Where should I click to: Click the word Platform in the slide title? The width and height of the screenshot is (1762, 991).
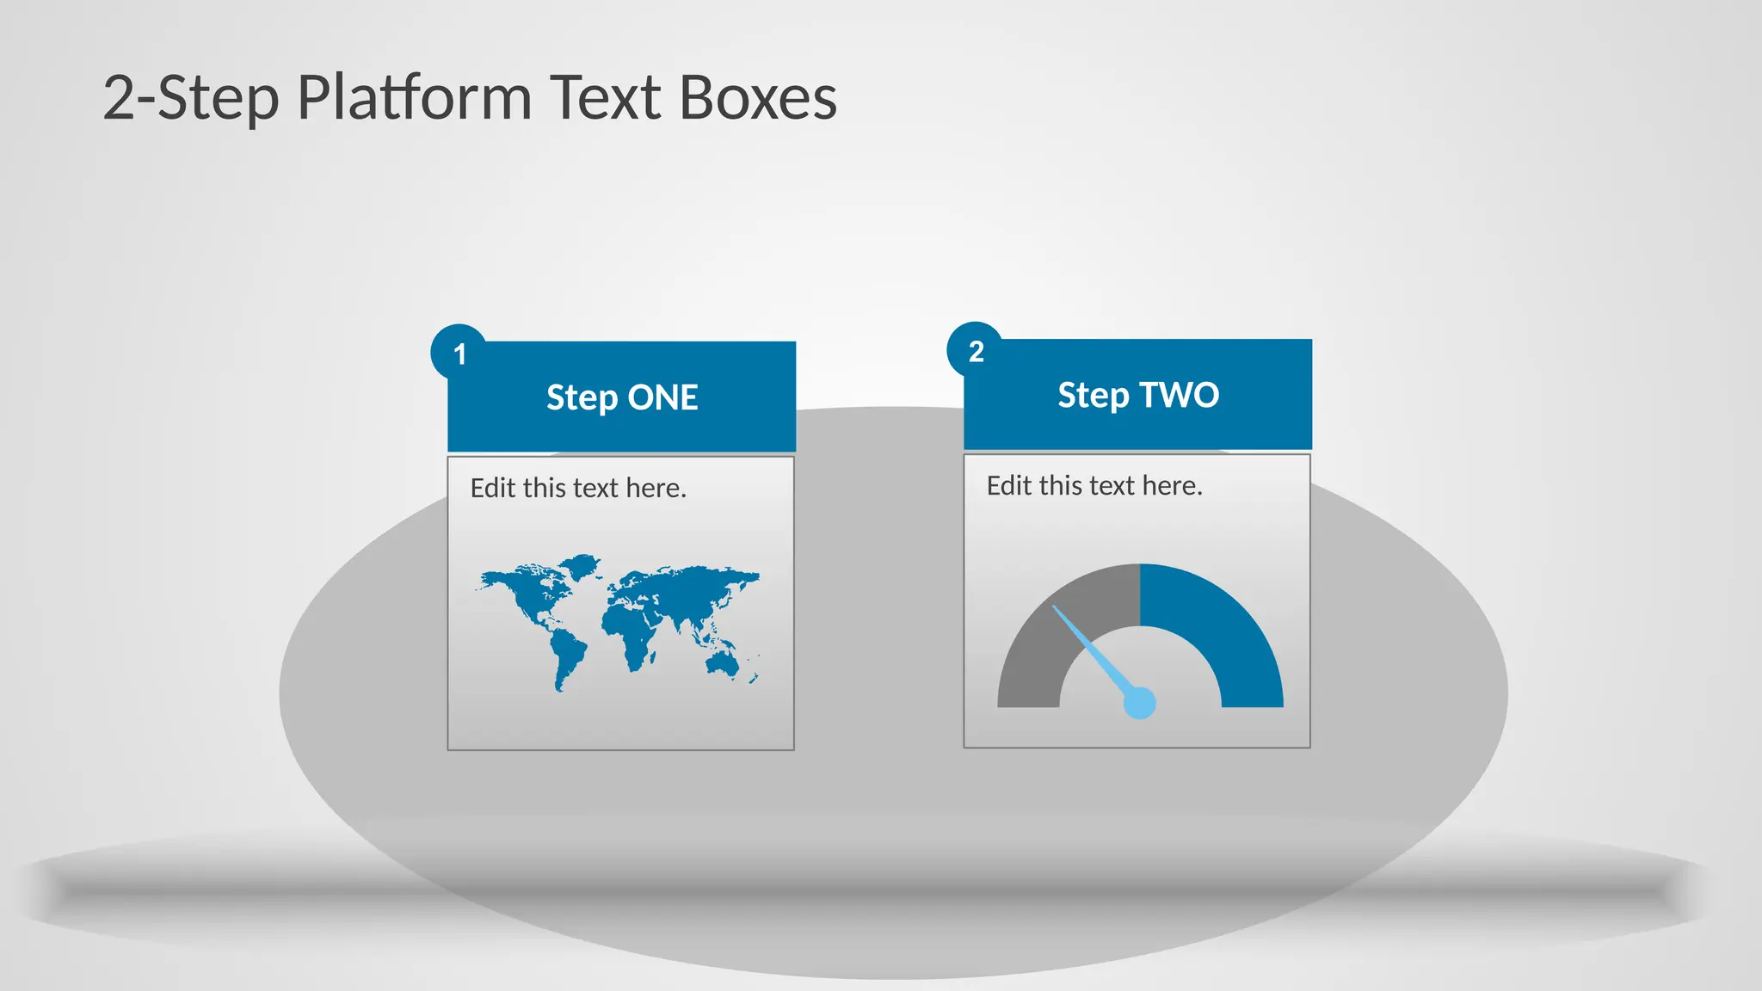point(414,97)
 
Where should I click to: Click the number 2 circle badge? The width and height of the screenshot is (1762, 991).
point(976,350)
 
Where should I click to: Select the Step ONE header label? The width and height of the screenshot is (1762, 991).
point(621,397)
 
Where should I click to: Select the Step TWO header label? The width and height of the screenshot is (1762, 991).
point(1137,395)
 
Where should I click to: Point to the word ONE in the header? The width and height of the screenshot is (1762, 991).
point(662,397)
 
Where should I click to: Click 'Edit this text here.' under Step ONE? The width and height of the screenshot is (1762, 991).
point(578,489)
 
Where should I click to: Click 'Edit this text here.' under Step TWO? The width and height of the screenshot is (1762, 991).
point(1094,486)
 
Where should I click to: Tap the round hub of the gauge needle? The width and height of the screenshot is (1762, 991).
point(1140,703)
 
